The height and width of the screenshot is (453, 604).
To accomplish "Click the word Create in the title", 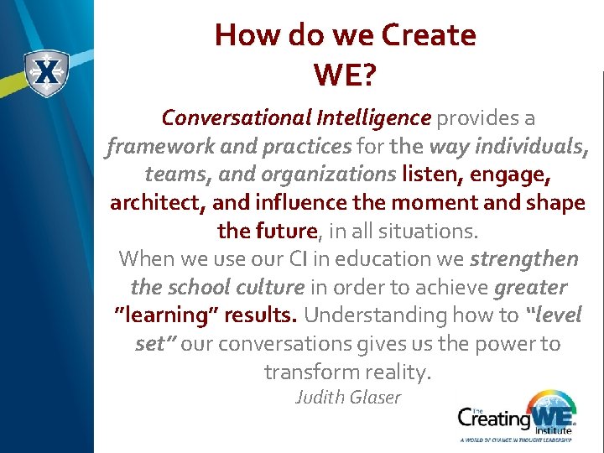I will tap(428, 35).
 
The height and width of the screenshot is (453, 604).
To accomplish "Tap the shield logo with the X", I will tap(46, 75).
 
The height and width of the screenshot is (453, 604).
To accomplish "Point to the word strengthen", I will tap(524, 259).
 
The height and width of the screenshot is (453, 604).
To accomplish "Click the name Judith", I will tap(319, 397).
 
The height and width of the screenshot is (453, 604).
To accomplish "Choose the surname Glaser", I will tap(374, 397).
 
